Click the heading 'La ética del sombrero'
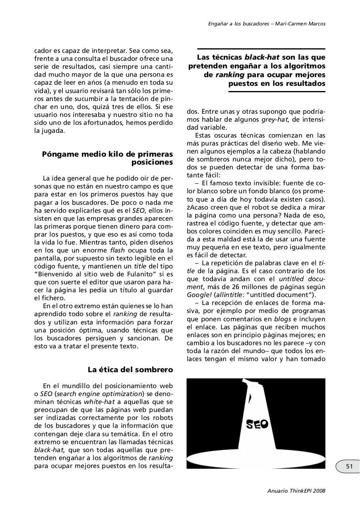130,370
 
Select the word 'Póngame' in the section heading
60,154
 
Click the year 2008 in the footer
319,491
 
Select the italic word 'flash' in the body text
117,251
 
